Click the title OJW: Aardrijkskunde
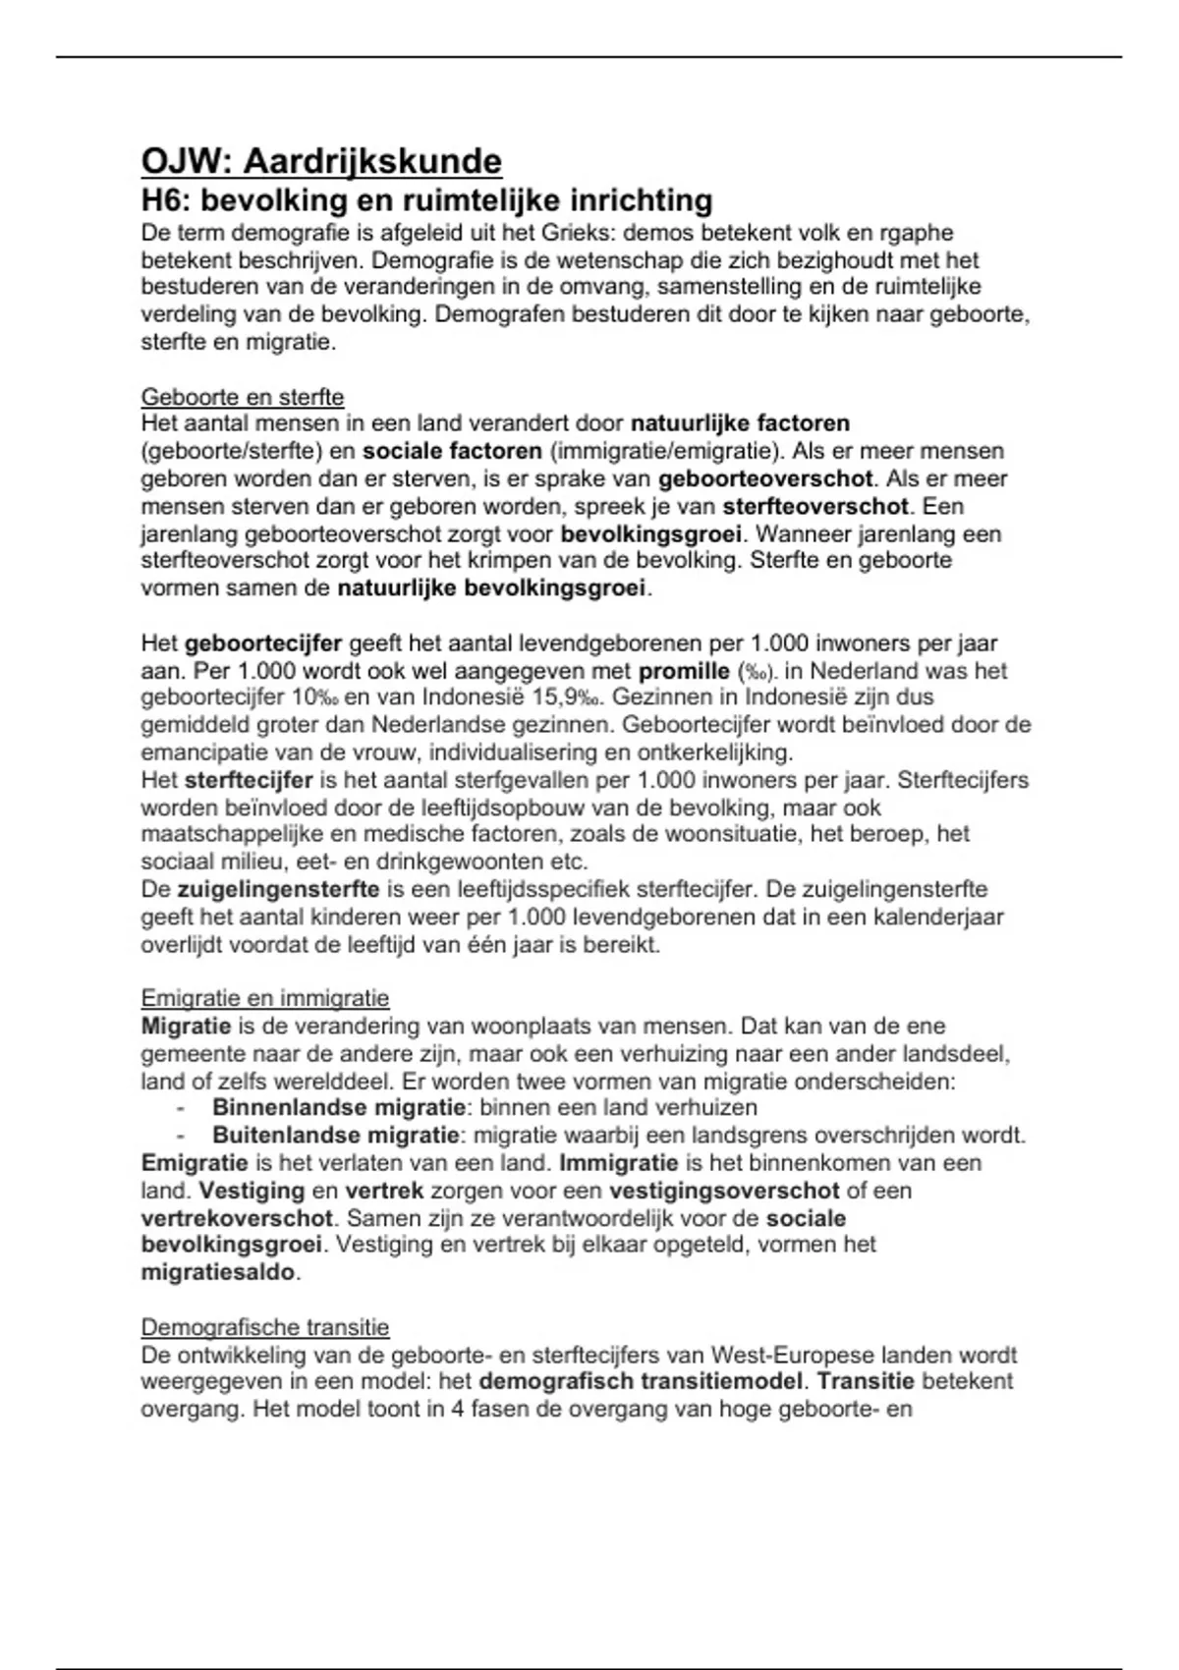(x=321, y=160)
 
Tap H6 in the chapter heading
(x=164, y=200)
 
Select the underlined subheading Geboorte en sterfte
(x=243, y=397)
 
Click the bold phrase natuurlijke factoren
(x=740, y=423)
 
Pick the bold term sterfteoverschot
(x=815, y=507)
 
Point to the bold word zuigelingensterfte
(x=278, y=890)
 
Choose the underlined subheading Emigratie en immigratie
(x=265, y=998)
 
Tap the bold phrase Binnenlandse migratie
(x=339, y=1108)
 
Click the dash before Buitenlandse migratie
(x=181, y=1136)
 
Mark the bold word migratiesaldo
(x=217, y=1272)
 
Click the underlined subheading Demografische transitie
(x=265, y=1328)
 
